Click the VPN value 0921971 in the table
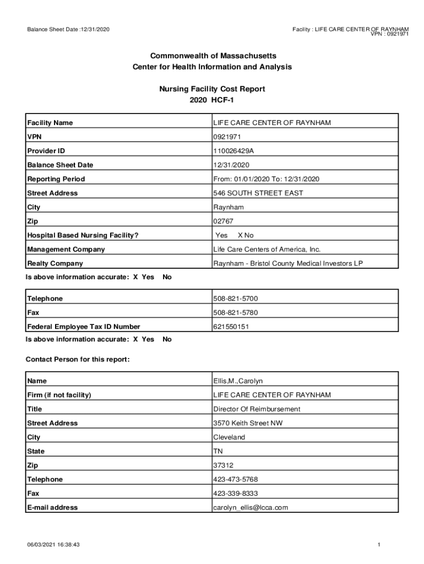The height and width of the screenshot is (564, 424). point(227,137)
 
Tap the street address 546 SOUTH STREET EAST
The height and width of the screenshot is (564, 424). point(258,193)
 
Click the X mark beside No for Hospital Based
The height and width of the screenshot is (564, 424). point(240,235)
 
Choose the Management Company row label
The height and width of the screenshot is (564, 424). point(66,250)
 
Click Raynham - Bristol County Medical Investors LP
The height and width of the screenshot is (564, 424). point(288,263)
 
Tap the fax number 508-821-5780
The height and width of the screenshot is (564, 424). point(235,313)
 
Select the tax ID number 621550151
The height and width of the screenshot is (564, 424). point(231,327)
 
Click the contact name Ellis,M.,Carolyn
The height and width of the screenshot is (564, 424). point(238,381)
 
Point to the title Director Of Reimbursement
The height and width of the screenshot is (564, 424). point(257,409)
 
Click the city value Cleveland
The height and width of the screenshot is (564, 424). point(229,437)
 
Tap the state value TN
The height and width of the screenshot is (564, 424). point(218,451)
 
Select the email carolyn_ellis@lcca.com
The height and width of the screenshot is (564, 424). point(251,507)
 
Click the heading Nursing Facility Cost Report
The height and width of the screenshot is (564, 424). point(212,89)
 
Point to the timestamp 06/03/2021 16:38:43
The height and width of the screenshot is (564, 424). point(53,545)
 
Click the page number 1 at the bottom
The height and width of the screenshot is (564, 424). point(379,545)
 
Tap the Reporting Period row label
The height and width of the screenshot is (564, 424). point(56,179)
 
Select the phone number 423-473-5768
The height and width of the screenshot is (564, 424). point(235,479)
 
